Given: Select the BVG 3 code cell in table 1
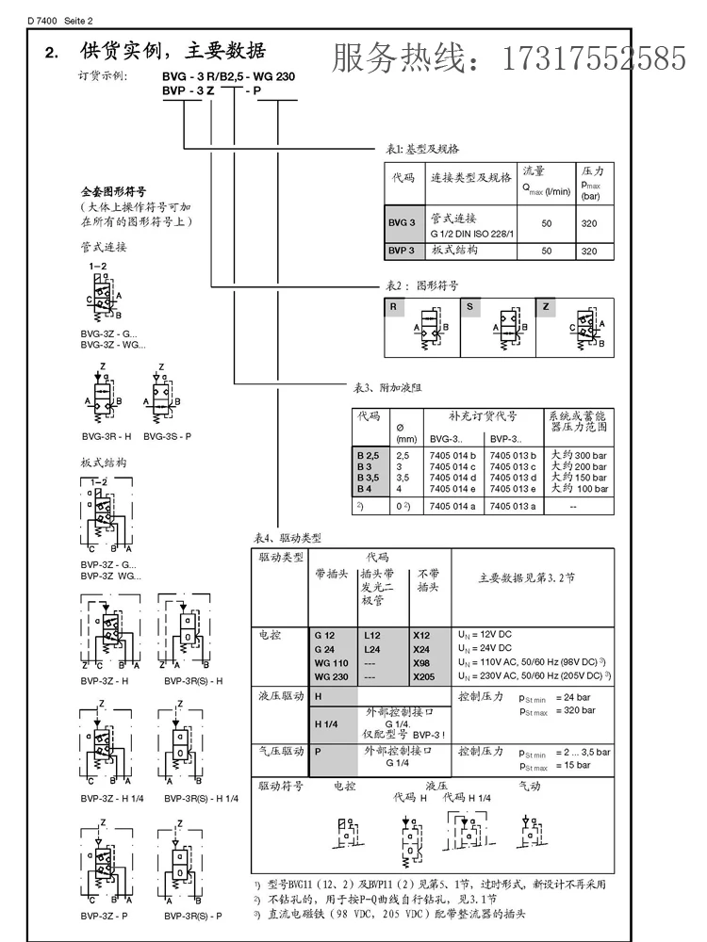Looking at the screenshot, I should pyautogui.click(x=402, y=222).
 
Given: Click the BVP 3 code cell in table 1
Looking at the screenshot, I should pyautogui.click(x=402, y=251).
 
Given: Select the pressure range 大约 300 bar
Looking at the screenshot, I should pyautogui.click(x=578, y=455).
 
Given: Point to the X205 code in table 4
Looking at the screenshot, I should pyautogui.click(x=423, y=676).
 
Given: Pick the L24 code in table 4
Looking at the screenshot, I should pyautogui.click(x=372, y=650).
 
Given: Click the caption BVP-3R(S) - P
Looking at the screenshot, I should pyautogui.click(x=192, y=916).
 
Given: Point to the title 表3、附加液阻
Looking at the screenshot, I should pyautogui.click(x=386, y=387).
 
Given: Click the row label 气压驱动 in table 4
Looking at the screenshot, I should pyautogui.click(x=280, y=752).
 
